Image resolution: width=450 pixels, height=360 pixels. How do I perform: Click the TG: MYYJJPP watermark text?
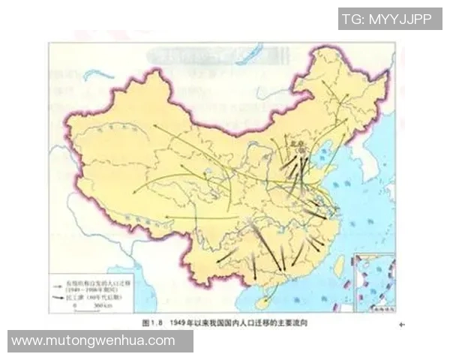click(386, 19)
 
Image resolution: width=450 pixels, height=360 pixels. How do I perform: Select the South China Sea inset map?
click(373, 283)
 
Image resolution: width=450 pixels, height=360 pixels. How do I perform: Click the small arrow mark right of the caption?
click(400, 324)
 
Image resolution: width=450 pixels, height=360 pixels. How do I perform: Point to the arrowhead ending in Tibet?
click(166, 217)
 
